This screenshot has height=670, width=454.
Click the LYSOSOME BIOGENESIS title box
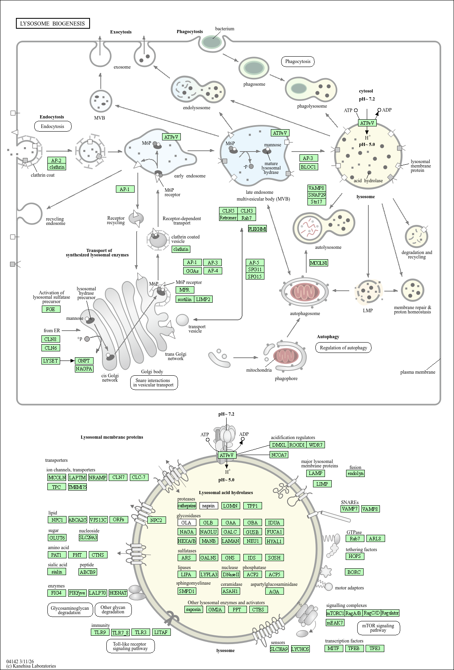point(53,23)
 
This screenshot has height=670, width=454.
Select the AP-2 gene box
point(57,160)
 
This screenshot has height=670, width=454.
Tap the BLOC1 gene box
point(309,167)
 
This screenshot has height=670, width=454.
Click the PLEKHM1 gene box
point(257,229)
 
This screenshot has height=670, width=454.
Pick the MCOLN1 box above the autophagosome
point(319,263)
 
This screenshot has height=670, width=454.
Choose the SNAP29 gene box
point(317,195)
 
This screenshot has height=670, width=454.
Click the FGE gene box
point(51,309)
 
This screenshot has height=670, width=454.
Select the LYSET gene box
point(51,361)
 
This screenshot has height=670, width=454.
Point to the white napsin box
point(209,506)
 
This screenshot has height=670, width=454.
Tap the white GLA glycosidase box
point(186,522)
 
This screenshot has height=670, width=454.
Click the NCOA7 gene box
point(279,455)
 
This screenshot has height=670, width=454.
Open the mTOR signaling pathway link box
point(378,628)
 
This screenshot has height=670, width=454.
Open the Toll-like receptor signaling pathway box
point(131,646)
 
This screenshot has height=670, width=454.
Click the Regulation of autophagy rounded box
point(343,348)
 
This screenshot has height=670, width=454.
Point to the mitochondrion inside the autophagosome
point(305,292)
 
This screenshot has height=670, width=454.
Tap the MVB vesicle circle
point(101,101)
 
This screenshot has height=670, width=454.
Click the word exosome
point(122,67)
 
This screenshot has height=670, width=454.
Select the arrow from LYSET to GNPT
point(67,361)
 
